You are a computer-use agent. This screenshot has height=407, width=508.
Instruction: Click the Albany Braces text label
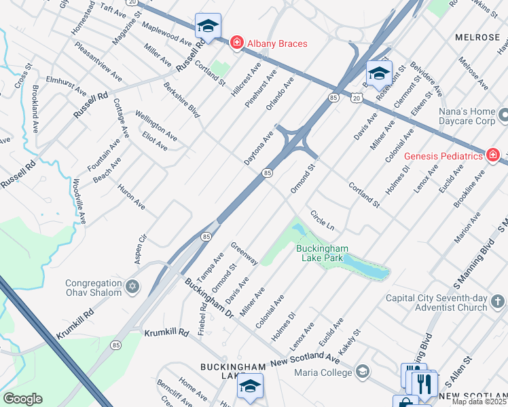tap(277, 43)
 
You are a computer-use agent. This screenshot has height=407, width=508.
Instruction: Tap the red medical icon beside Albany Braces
tap(236, 43)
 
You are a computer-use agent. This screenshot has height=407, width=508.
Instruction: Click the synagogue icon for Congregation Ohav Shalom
tap(132, 287)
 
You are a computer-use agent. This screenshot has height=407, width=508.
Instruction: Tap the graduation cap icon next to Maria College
tap(363, 371)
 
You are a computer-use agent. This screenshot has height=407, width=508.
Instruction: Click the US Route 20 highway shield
tap(357, 98)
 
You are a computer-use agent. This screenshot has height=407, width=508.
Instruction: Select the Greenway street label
tap(244, 253)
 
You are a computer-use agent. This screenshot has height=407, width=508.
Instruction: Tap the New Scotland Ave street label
tap(304, 359)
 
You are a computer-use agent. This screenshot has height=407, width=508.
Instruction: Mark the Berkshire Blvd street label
tap(181, 100)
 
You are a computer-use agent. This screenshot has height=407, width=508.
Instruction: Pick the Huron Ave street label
tap(131, 196)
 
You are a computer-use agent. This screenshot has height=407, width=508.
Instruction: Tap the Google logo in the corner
tap(23, 399)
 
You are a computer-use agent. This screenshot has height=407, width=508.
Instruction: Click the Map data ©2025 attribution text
tap(479, 402)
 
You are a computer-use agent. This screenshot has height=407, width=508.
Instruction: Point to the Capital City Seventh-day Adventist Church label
tap(436, 303)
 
